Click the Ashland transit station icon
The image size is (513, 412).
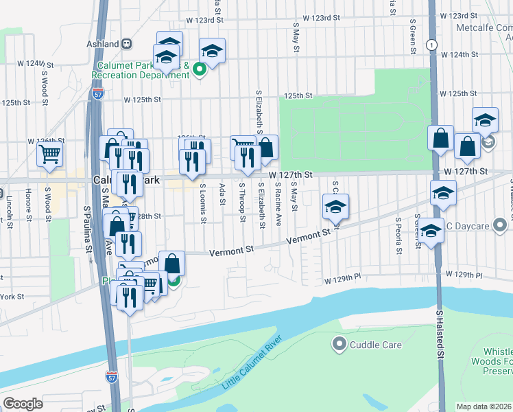(x=127, y=43)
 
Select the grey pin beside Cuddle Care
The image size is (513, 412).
(x=338, y=343)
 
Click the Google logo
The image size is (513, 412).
(x=23, y=403)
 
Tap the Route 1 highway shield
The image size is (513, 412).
(x=430, y=45)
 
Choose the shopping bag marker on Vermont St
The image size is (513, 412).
(x=171, y=262)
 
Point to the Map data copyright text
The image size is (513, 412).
(x=484, y=407)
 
